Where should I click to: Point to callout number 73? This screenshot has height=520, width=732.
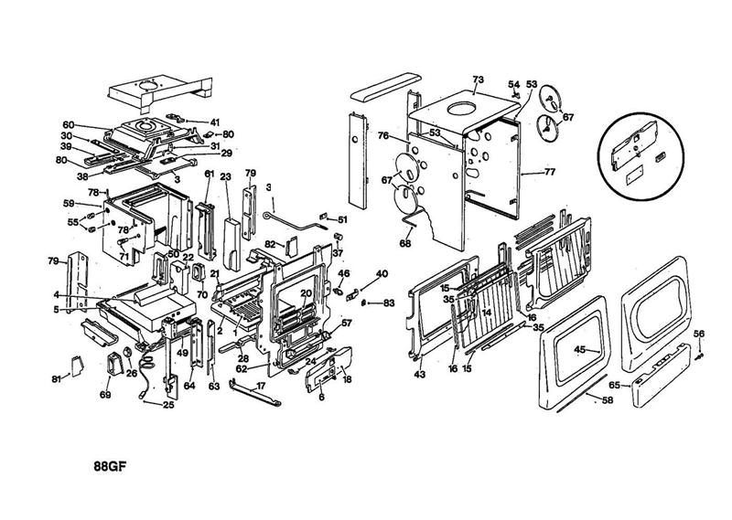tap(477, 80)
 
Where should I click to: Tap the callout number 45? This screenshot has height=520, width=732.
tap(579, 348)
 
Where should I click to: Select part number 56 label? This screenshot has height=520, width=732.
tap(700, 334)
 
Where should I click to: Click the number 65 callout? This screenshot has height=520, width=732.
tap(615, 386)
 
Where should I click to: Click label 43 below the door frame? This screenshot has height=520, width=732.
tap(420, 376)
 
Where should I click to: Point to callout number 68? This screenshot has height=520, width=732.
tap(405, 243)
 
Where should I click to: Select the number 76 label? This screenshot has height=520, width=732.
tap(384, 136)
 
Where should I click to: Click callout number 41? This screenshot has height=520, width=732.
tap(215, 122)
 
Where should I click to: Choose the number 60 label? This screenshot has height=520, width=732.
tap(68, 124)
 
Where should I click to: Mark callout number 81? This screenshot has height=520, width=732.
tap(56, 378)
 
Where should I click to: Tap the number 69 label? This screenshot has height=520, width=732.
tap(105, 395)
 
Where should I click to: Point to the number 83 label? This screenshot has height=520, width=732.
tap(389, 302)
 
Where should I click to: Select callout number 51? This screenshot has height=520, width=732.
tap(344, 219)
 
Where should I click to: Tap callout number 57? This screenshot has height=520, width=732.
tap(347, 323)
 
